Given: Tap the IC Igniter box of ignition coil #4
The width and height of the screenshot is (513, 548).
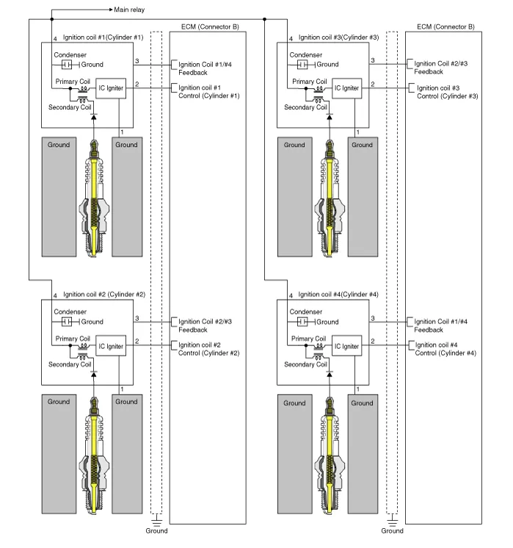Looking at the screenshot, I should (x=346, y=346).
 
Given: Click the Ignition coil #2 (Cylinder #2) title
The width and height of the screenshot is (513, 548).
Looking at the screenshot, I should (x=104, y=294).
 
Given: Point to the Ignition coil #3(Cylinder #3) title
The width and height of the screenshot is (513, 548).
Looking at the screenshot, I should (x=339, y=37).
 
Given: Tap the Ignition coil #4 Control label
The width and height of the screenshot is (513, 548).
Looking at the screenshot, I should (x=445, y=349).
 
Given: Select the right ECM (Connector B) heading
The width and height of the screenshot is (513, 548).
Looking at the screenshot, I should (x=445, y=26).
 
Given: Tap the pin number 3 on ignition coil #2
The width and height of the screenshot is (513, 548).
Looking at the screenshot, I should (x=137, y=317).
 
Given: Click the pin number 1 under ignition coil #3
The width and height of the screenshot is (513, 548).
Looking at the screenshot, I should (x=357, y=131).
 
